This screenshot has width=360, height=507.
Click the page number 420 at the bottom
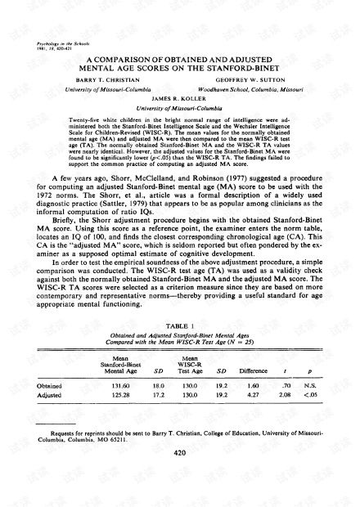[179, 473]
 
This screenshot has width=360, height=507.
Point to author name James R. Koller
[178, 96]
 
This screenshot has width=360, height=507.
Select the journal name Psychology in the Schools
[65, 39]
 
